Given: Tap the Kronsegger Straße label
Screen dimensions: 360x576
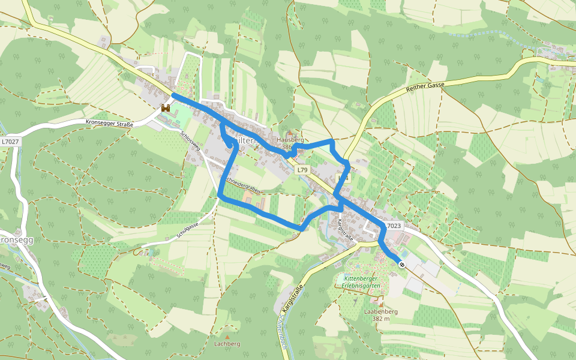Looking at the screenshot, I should click(x=109, y=124).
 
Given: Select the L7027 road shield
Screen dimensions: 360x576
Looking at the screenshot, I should click(x=10, y=142).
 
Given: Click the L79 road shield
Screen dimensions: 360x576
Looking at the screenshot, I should click(x=302, y=170).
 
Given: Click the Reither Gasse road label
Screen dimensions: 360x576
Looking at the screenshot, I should click(x=425, y=86).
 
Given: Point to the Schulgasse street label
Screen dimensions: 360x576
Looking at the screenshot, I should click(x=187, y=230).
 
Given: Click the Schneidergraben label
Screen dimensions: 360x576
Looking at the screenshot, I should click(x=242, y=185).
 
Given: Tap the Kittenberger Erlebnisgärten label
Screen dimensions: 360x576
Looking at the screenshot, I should click(x=362, y=281).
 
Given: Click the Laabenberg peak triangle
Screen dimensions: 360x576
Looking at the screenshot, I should click(x=380, y=305).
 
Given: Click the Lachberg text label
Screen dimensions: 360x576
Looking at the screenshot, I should click(x=227, y=344).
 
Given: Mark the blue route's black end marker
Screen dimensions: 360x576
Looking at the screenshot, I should click(x=402, y=265).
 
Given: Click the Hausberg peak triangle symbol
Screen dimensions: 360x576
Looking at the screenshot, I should click(x=290, y=133).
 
